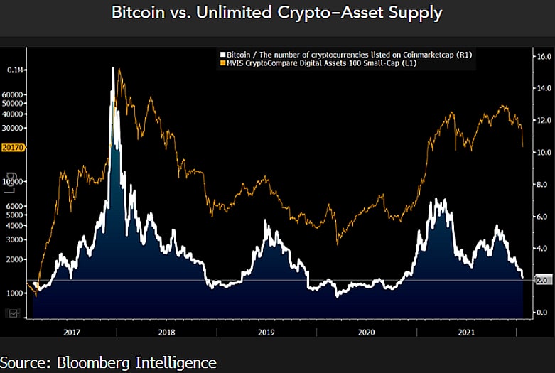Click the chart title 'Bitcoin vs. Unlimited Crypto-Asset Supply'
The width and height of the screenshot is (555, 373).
[x=277, y=13]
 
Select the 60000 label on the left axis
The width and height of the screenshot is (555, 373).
[x=15, y=94]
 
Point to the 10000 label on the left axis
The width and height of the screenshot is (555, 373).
[x=15, y=181]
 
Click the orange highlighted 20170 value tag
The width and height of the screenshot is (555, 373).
[x=14, y=148]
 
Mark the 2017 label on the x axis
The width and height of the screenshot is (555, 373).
[x=72, y=332]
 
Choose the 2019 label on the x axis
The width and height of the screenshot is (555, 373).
[x=266, y=332]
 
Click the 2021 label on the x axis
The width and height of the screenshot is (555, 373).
[x=467, y=332]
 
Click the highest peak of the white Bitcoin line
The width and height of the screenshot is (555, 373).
[x=114, y=69]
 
